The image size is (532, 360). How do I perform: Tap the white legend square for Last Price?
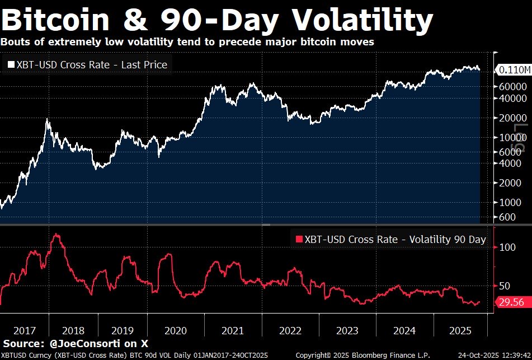click(11, 65)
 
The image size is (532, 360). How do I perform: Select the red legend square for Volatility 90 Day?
click(298, 240)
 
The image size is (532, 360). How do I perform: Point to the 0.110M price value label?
click(513, 70)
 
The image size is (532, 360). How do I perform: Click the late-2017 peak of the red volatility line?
click(56, 234)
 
